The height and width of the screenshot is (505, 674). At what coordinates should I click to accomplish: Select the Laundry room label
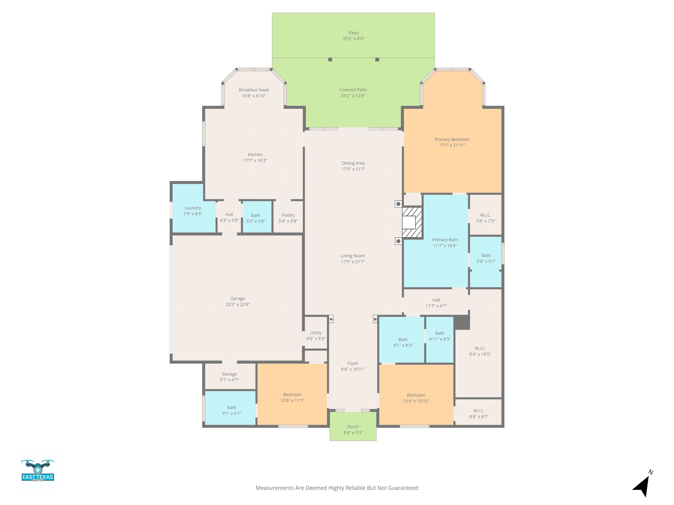coord(193,208)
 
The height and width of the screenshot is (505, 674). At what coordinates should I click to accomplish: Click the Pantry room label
coord(288,215)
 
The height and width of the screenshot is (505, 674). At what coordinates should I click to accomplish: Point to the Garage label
coord(238,299)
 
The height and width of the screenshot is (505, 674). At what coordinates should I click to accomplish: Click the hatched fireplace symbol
coord(412,222)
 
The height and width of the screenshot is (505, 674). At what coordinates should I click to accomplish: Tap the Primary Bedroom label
coord(452,139)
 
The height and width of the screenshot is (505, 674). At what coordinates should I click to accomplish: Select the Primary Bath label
coord(445,240)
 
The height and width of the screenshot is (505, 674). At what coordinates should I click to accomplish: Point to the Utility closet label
coord(316,333)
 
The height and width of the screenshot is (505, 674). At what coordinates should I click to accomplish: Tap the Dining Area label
coord(353,163)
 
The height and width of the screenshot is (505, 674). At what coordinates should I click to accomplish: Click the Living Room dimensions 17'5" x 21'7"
coord(353,261)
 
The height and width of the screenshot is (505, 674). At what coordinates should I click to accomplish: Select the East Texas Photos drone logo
coord(38,470)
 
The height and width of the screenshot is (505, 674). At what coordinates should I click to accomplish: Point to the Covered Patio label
coord(353,90)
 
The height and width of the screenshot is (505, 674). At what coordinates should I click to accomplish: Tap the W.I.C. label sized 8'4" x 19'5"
coord(480,348)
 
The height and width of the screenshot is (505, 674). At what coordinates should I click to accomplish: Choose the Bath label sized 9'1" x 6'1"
coord(231,408)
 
